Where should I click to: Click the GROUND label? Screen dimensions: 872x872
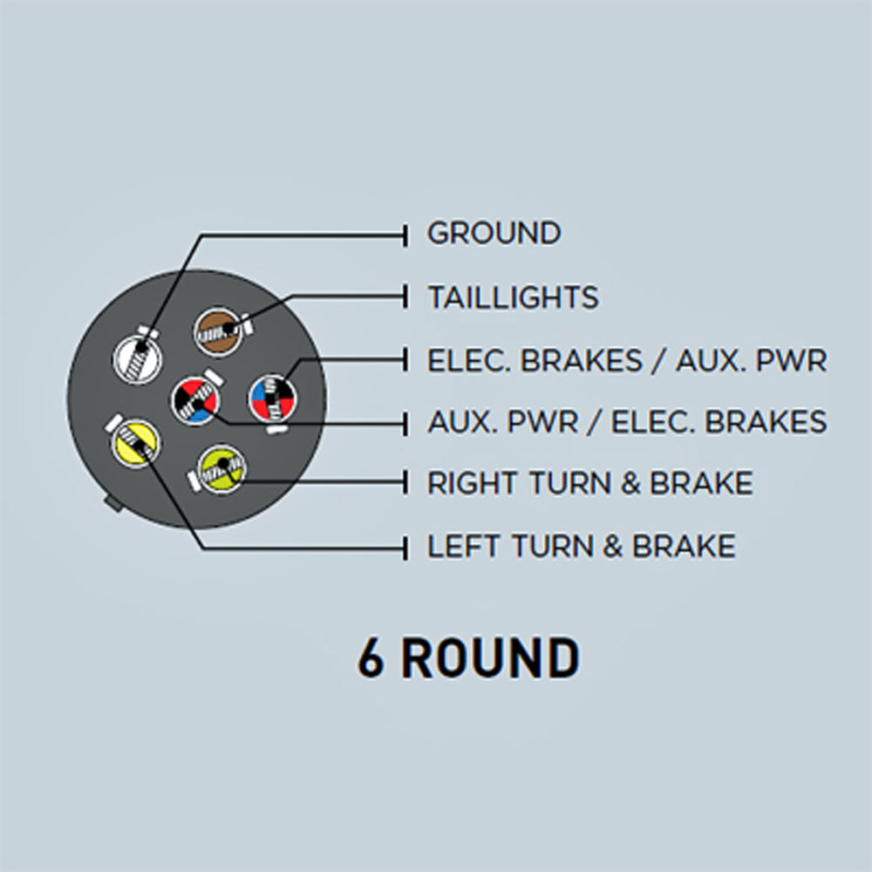[494, 233]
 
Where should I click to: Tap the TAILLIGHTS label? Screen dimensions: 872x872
[514, 297]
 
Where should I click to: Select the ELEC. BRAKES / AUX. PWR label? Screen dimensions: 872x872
[627, 360]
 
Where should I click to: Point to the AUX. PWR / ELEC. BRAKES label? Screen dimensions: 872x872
[627, 421]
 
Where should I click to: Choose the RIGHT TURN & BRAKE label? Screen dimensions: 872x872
[590, 483]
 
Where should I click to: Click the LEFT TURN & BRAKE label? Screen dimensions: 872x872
[581, 546]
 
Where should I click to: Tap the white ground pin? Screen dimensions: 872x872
[138, 358]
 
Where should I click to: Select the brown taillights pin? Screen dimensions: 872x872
[219, 332]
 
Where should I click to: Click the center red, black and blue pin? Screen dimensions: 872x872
[194, 400]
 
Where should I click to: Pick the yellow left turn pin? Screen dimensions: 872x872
[135, 443]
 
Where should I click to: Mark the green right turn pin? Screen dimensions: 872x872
[221, 469]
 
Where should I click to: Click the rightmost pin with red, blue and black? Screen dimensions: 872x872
[272, 399]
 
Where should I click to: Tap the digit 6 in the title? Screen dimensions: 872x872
[371, 657]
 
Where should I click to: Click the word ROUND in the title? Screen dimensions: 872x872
[490, 657]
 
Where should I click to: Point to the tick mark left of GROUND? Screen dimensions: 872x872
[406, 235]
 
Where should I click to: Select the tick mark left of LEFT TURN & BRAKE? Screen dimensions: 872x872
[406, 548]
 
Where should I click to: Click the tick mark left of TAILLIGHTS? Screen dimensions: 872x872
[406, 296]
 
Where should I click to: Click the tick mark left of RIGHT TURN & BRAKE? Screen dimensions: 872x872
[406, 482]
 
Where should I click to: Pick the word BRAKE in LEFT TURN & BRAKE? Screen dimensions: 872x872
[684, 546]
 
